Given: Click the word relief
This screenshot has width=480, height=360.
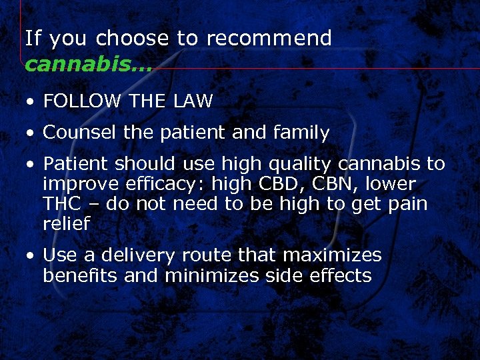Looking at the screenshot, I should point(66,223).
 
